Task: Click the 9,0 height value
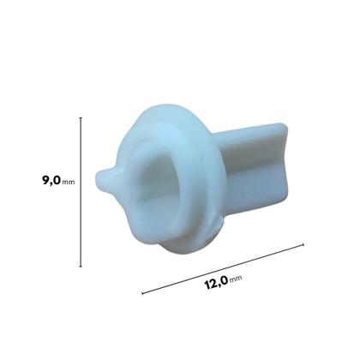[51, 181]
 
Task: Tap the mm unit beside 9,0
[69, 182]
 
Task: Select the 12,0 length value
[216, 283]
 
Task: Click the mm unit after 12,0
[236, 278]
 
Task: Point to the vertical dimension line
[81, 192]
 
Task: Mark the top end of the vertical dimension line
[81, 117]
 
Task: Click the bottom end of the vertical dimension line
[81, 267]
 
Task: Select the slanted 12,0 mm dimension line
[223, 269]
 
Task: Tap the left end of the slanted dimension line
[142, 293]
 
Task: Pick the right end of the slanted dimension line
[303, 244]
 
